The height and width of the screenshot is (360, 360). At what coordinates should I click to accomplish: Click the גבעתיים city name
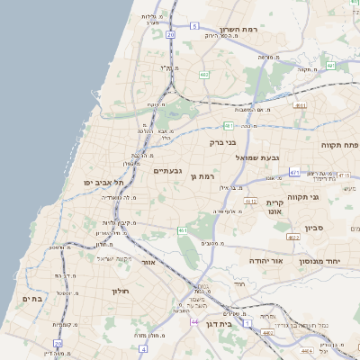click(168, 170)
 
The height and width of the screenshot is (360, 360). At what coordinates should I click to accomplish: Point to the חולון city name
click(121, 291)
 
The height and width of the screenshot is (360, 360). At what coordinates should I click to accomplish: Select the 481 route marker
click(229, 126)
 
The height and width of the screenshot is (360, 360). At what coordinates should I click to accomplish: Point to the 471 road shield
click(294, 171)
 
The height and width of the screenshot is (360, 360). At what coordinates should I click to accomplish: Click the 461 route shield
click(183, 231)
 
